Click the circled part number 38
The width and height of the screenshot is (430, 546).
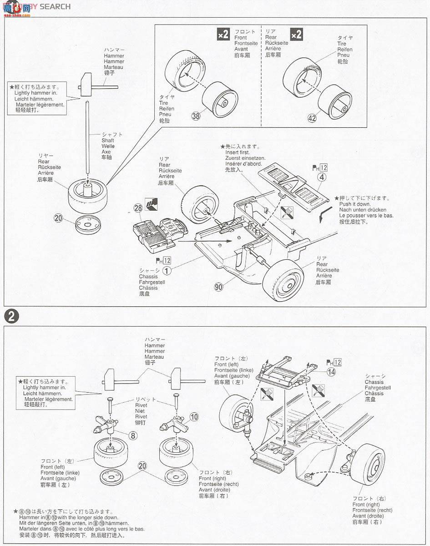pos(196,116)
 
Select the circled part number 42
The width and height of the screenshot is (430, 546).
pos(312,118)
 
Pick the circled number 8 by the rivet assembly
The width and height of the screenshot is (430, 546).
pos(133,435)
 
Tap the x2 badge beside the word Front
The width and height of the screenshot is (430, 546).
pos(223,34)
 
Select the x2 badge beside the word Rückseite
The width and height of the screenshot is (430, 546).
pos(296,34)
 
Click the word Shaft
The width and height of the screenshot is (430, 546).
pos(108,141)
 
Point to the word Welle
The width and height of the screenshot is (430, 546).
pos(108,146)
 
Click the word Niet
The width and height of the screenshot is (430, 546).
pos(140,411)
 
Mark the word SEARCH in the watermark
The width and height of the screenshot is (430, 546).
pos(55,6)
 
